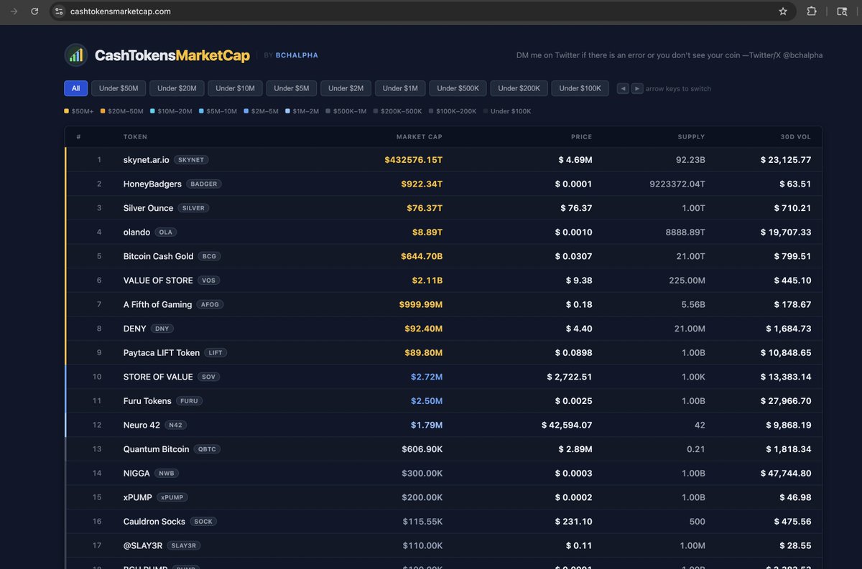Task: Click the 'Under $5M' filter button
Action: point(292,88)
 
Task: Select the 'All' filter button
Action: point(75,88)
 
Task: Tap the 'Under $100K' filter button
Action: point(580,88)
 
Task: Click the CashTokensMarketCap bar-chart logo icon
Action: point(76,55)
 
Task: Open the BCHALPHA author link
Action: point(297,55)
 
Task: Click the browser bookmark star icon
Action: point(783,11)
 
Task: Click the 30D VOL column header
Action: point(797,137)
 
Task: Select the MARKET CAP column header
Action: point(420,137)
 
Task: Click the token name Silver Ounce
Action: point(148,208)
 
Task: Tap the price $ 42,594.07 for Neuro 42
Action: point(567,425)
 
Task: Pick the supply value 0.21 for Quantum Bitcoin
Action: point(696,449)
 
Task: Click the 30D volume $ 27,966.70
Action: point(786,401)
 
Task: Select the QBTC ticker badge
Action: point(206,449)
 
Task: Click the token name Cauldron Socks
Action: point(154,522)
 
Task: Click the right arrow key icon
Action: point(637,88)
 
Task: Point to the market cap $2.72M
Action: point(427,377)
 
